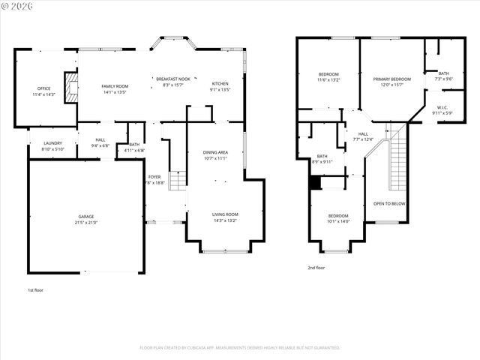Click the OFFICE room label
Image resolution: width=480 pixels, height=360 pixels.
pos(44,88)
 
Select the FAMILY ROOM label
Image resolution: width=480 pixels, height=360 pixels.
pos(115,87)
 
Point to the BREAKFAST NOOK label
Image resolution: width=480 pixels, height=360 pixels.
pos(172,79)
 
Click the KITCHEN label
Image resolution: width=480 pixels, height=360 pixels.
pos(220,83)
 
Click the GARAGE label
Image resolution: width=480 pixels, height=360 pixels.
pos(87,217)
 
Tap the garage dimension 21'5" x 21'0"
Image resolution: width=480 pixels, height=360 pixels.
pos(87,223)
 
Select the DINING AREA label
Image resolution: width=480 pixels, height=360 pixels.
pos(215,152)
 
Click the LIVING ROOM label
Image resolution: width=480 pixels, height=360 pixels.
pos(226,214)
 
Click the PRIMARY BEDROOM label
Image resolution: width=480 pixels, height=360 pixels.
pos(391,79)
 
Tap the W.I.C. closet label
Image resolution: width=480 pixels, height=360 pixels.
pos(442,107)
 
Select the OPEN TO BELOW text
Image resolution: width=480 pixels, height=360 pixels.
pos(389,203)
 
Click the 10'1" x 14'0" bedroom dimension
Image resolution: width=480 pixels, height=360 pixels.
pos(338,221)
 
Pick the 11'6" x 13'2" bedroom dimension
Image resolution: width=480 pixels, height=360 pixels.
pos(328,79)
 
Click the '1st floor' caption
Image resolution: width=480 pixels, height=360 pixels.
pos(35,289)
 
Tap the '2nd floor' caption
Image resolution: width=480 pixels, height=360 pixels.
pos(316,267)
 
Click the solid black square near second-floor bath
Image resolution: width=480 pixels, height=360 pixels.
pos(315,183)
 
